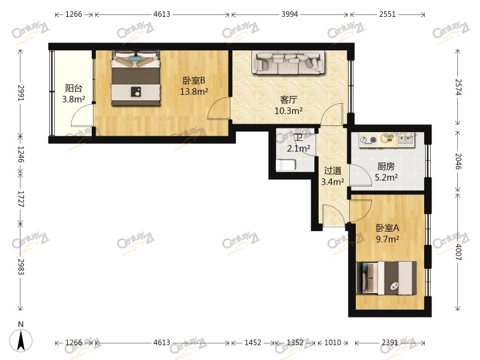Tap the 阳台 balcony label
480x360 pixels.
74,88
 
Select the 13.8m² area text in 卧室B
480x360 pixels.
194,92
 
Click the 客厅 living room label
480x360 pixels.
288,100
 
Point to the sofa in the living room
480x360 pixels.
288,62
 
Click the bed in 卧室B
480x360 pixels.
136,78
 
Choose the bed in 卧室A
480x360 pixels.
386,278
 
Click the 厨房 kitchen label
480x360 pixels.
386,167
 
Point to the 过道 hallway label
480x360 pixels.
332,170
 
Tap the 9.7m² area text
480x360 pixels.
387,239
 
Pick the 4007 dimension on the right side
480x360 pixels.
458,254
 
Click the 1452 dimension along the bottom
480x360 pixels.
253,343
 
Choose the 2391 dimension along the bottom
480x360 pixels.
390,343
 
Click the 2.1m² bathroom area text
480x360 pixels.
298,148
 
